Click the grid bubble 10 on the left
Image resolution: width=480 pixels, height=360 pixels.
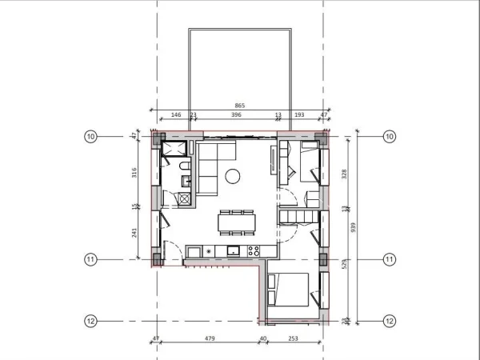[90, 137]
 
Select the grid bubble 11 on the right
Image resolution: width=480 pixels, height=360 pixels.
[390, 259]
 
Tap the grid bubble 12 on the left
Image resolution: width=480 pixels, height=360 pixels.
[90, 321]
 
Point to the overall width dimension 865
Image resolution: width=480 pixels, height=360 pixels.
[239, 106]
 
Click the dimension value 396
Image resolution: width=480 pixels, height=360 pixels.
[236, 115]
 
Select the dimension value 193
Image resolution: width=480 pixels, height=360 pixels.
[300, 115]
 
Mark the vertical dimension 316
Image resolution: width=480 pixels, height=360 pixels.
[134, 172]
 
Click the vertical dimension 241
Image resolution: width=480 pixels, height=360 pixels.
[134, 233]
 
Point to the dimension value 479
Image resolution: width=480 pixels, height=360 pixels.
[210, 339]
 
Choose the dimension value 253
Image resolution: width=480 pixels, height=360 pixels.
[294, 339]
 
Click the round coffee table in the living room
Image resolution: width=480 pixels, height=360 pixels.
[233, 176]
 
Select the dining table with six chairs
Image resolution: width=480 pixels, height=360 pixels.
[236, 221]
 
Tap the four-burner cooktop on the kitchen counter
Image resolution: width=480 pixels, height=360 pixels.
[254, 251]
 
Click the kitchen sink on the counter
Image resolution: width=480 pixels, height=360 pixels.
[233, 251]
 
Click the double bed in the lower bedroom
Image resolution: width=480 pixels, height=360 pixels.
[290, 289]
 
